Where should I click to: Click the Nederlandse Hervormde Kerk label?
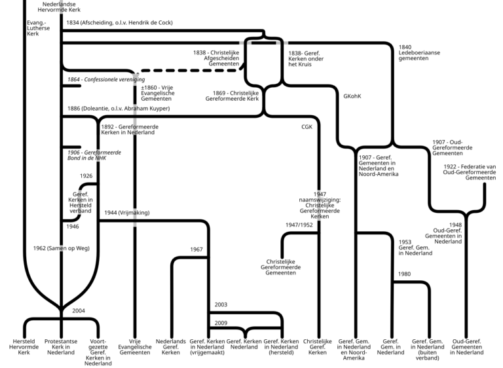coord(59,7)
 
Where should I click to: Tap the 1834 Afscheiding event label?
coord(119,22)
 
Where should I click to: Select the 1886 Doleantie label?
coord(119,109)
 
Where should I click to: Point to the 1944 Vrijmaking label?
coord(126,212)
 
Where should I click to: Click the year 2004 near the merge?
coord(79,310)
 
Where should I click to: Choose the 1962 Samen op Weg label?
coord(62,248)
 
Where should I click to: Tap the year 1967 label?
coord(196,249)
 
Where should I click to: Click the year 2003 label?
coord(221,304)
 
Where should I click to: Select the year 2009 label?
coord(221,323)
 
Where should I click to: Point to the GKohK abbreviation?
coord(352,96)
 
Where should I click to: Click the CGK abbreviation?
coord(307,127)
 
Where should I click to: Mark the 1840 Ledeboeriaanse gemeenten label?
coord(419,52)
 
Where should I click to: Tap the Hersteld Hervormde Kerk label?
coord(24,347)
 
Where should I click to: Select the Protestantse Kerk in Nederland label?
coord(61,347)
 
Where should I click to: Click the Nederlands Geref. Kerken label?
coord(171,347)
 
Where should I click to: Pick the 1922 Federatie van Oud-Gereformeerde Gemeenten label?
coord(470,172)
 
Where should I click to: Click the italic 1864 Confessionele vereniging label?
coord(106,79)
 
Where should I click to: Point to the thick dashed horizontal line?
coord(191,70)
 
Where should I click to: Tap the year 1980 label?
coord(404,274)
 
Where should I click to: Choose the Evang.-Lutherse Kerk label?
coord(38,28)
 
